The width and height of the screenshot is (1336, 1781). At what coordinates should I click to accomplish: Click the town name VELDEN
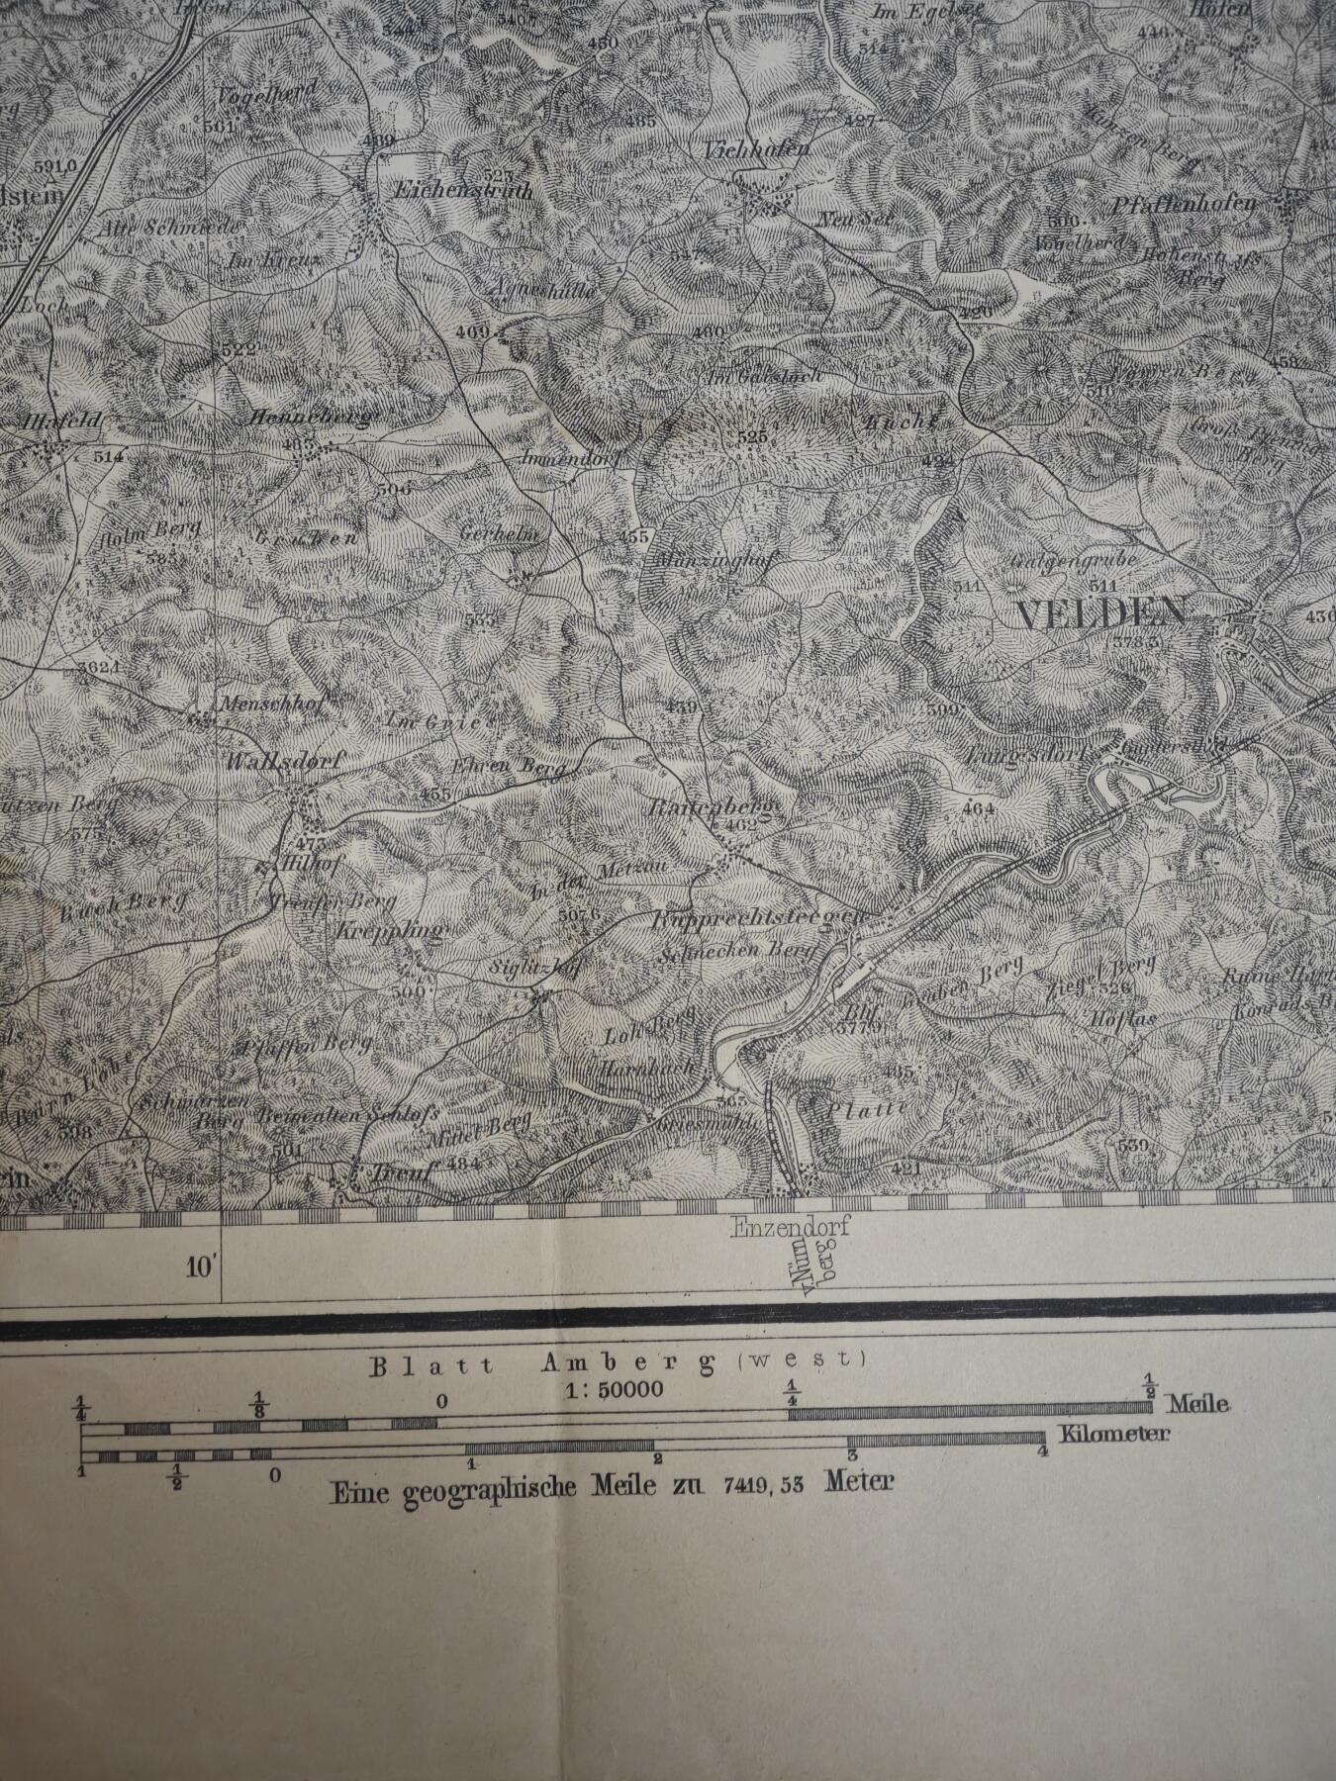[1100, 614]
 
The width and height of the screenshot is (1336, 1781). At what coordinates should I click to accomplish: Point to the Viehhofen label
[757, 150]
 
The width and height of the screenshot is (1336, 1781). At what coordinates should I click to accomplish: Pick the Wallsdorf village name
[270, 762]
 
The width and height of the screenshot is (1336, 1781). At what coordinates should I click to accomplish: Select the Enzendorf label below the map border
[791, 1229]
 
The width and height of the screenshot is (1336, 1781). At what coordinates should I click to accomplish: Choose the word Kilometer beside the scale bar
[1113, 1434]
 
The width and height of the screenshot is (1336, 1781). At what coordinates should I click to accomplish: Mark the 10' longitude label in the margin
[201, 1265]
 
